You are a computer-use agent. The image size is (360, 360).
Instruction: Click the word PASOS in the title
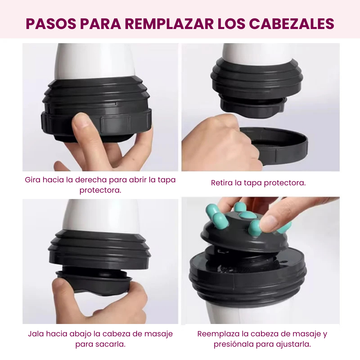point(51,24)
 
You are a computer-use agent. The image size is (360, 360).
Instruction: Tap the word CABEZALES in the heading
point(292,24)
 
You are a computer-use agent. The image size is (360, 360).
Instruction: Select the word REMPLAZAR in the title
point(169,24)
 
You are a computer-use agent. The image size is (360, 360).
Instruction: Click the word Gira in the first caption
point(33,180)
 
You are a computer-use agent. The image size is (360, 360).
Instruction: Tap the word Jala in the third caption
point(36,334)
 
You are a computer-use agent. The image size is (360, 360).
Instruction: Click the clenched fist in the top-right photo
point(220,143)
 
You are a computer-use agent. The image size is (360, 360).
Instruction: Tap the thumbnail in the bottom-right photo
point(268,221)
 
